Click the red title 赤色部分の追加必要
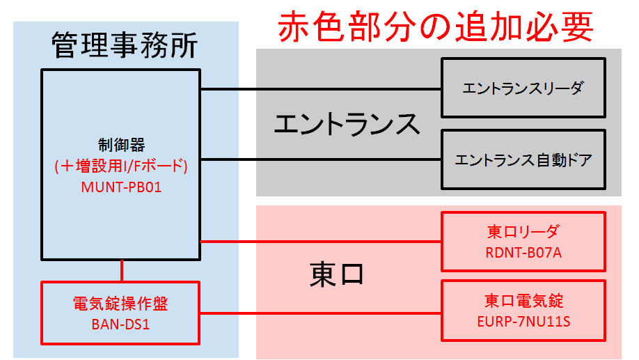coord(436,28)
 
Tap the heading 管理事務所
coord(125,45)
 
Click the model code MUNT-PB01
coord(122,186)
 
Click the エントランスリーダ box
coord(523,88)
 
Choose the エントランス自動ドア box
coord(523,160)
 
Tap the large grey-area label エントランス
coord(347,125)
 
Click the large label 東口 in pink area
coord(336,274)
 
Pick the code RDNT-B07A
coord(523,252)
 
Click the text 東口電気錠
coord(523,301)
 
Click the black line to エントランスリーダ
coord(320,89)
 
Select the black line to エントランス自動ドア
coord(320,159)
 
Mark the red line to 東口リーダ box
coord(320,242)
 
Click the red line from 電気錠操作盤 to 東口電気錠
coord(320,313)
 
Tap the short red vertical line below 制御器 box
coord(123,269)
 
